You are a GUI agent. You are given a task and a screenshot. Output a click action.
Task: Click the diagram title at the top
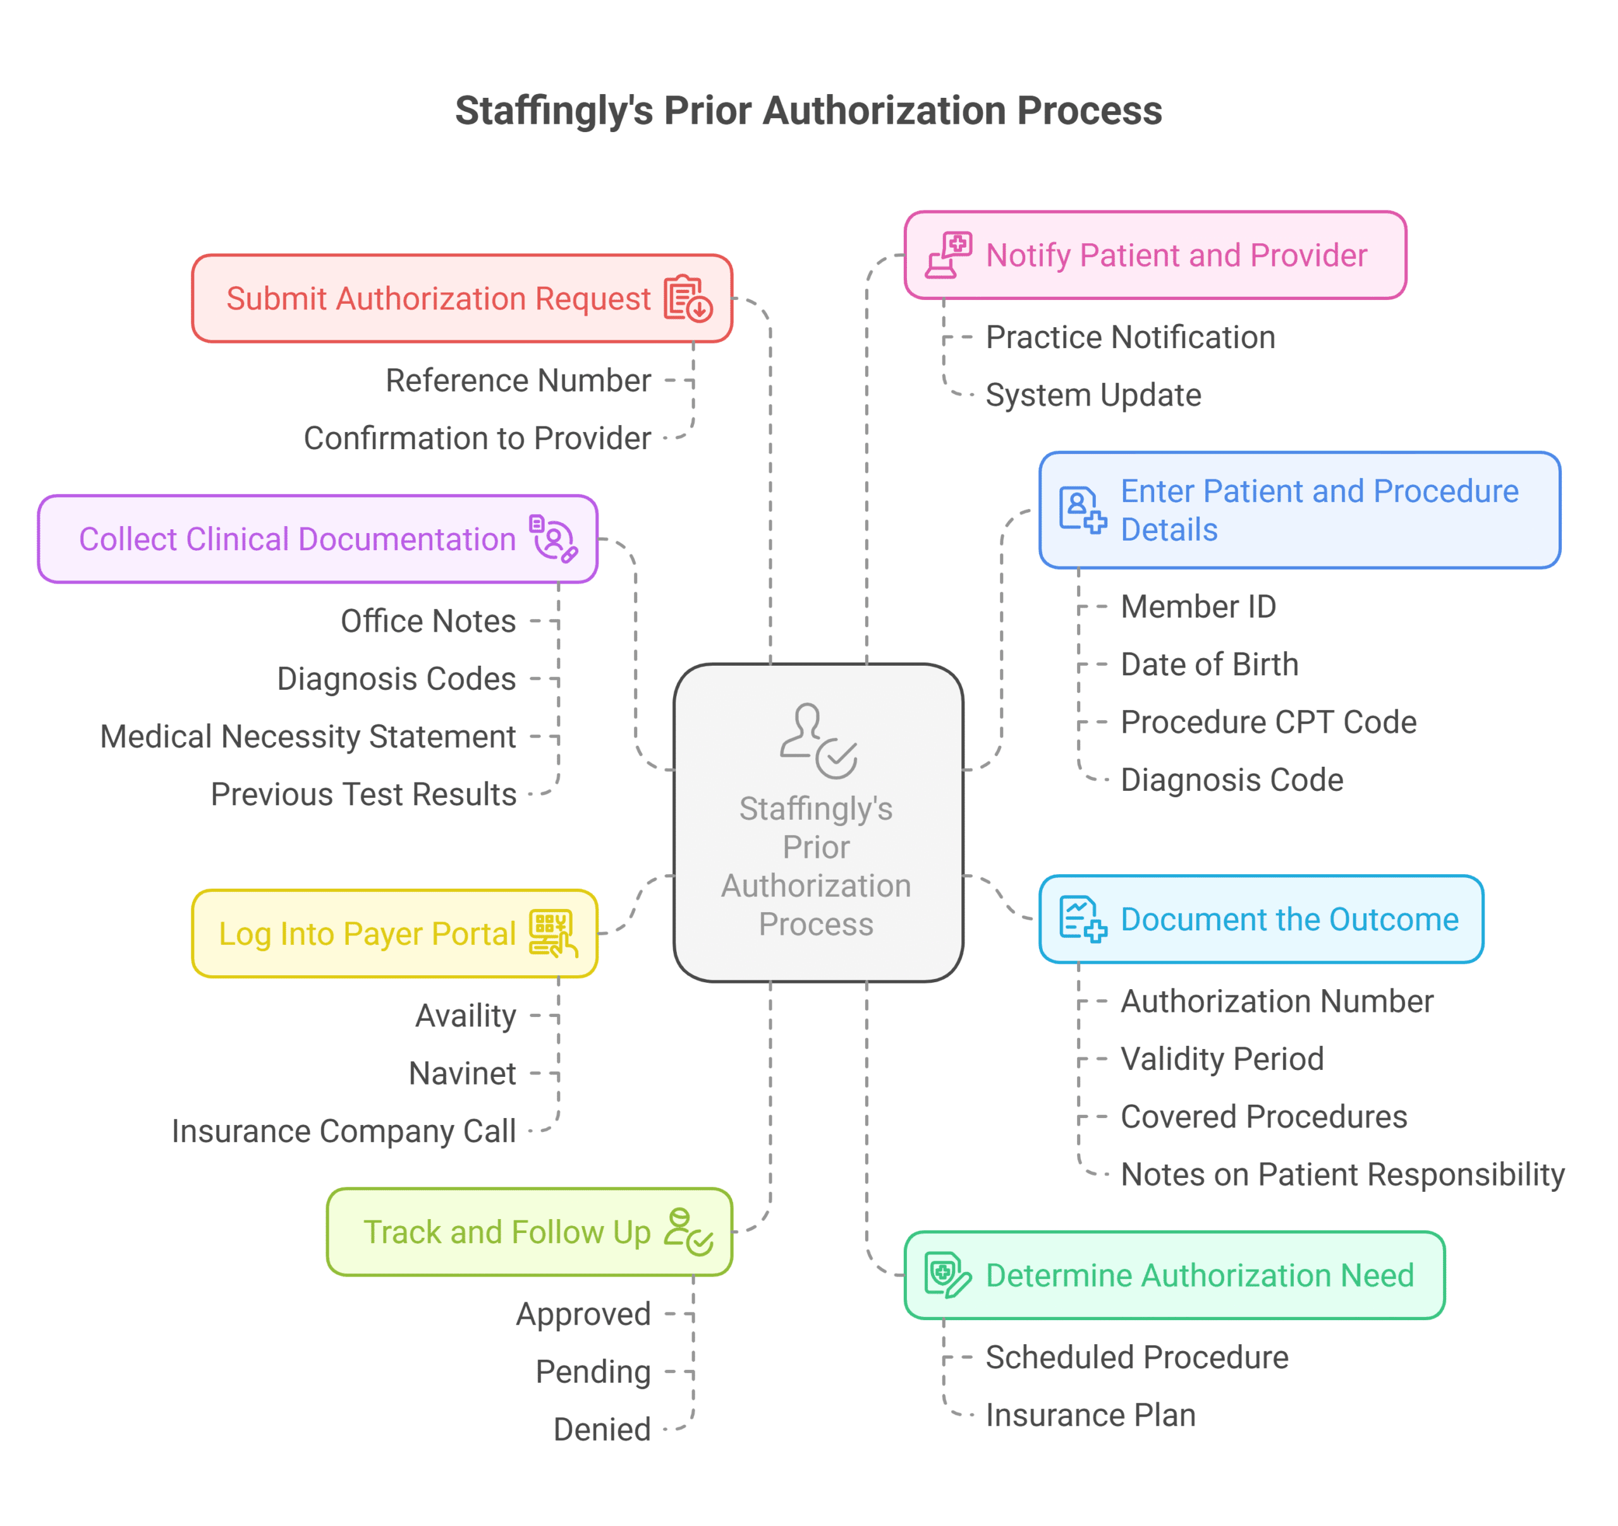click(x=808, y=111)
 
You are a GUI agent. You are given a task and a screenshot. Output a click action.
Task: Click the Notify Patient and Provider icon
click(x=948, y=255)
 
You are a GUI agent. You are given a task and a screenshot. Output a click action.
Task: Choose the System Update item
click(x=1093, y=395)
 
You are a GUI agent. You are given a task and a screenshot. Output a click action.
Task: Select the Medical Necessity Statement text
click(x=308, y=737)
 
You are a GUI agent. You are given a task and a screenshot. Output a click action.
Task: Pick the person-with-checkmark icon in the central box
click(x=818, y=740)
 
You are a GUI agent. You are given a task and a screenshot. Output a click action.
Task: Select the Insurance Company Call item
click(x=343, y=1131)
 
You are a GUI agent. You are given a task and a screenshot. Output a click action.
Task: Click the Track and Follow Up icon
click(x=688, y=1232)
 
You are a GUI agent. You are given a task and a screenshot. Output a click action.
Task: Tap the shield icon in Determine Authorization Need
click(x=947, y=1275)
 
